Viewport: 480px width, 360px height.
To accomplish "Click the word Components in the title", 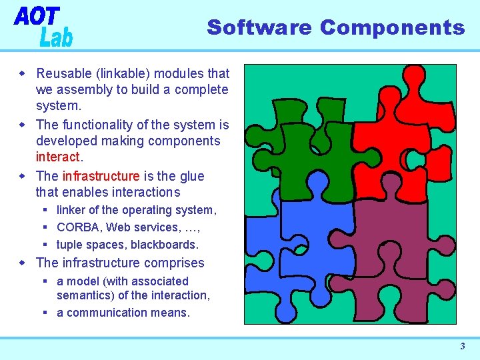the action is (x=392, y=27).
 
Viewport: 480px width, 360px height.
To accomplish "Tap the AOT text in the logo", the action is (x=37, y=17).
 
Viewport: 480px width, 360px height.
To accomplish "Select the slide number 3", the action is (x=462, y=346).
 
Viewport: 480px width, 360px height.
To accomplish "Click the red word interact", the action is (x=57, y=157).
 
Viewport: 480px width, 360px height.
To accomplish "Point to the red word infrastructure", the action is (x=101, y=176).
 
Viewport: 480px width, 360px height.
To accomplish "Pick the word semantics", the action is (x=85, y=295).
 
